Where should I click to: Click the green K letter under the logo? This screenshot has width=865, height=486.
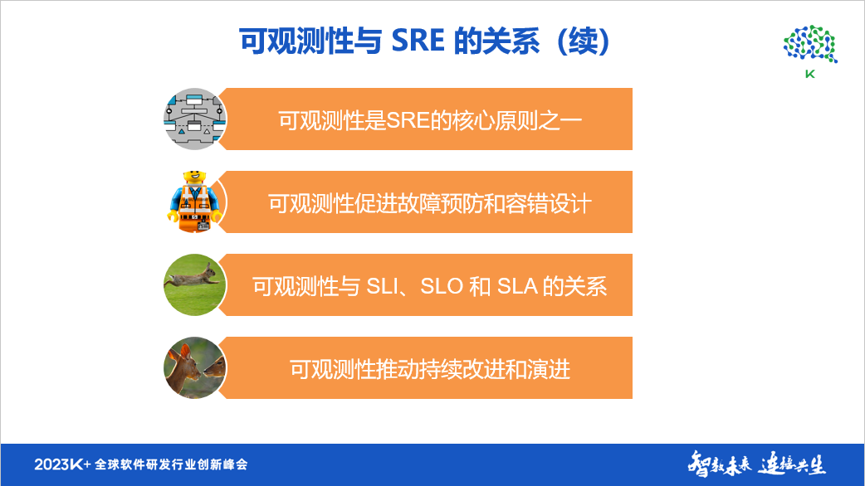(809, 73)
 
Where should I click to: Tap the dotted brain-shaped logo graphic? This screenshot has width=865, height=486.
(809, 44)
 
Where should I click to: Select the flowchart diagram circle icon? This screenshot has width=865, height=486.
(194, 119)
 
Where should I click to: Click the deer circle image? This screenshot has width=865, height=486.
(195, 367)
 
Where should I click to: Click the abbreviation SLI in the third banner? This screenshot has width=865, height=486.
(384, 286)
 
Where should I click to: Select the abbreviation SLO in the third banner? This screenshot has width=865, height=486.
(441, 286)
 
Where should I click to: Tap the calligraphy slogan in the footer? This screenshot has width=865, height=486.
(756, 464)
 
